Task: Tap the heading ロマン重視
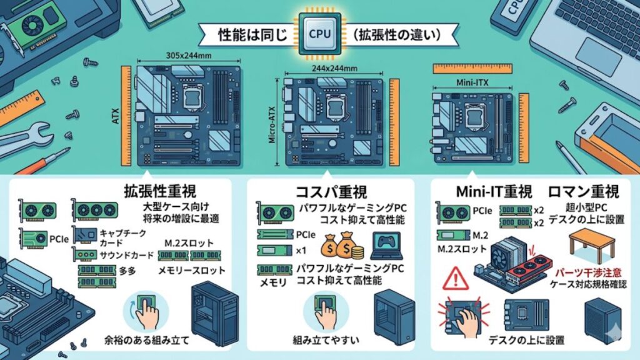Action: (x=584, y=191)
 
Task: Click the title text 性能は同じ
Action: (x=251, y=34)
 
